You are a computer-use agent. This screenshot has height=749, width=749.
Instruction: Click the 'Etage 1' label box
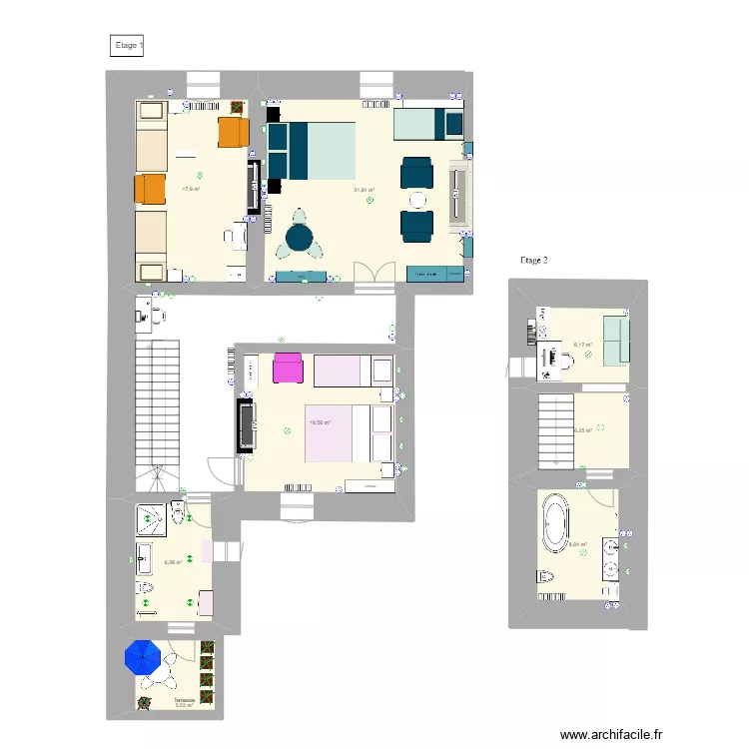[x=127, y=45]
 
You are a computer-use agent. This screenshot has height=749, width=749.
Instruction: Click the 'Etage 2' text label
[x=534, y=260]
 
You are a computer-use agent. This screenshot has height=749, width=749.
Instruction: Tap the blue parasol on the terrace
[x=142, y=656]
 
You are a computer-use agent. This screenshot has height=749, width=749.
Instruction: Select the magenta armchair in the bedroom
[x=287, y=369]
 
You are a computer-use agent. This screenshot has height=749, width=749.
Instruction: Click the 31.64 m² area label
[x=363, y=190]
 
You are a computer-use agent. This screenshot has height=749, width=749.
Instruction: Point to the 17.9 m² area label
[x=190, y=188]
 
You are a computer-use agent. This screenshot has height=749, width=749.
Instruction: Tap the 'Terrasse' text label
[x=183, y=700]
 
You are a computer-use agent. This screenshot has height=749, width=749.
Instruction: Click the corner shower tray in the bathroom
[x=151, y=519]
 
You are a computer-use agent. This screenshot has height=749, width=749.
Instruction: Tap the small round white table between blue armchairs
[x=416, y=199]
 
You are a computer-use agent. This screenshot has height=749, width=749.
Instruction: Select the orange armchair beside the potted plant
[x=232, y=132]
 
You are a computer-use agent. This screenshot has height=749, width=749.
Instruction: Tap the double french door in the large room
[x=374, y=274]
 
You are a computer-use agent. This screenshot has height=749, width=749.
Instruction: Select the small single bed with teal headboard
[x=426, y=124]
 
